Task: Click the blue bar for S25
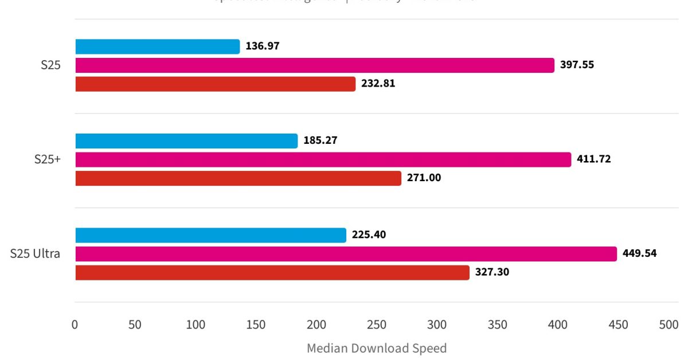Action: point(157,46)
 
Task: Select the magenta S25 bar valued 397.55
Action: point(315,65)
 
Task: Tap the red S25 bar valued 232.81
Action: point(215,84)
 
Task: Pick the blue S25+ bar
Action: point(186,140)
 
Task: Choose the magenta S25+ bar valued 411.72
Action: point(323,159)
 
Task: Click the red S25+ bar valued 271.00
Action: point(238,178)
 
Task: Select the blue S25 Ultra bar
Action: point(210,235)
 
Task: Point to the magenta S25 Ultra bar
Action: point(346,254)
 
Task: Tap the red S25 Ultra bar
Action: point(272,272)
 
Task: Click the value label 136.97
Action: point(263,46)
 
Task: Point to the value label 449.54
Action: point(640,253)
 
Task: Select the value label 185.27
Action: point(320,140)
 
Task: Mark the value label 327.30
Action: point(492,272)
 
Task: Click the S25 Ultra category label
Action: point(35,253)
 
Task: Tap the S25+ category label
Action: point(47,159)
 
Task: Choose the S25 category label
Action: point(50,65)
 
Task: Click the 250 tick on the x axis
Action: point(377,324)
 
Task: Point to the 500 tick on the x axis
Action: point(669,324)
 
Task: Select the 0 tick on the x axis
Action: point(75,324)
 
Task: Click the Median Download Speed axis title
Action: point(377,348)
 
